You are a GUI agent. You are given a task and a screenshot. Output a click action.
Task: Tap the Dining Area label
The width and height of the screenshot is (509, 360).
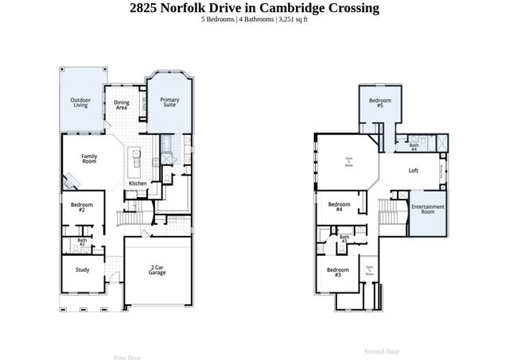(122, 104)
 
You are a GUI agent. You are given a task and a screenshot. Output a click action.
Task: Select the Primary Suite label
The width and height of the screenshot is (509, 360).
(169, 103)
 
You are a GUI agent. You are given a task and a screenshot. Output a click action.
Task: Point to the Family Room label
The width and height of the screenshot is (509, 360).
(89, 159)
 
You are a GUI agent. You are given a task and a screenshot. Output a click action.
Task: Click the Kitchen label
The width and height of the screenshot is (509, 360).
(138, 184)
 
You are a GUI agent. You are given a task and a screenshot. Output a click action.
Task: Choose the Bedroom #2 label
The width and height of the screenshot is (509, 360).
(82, 207)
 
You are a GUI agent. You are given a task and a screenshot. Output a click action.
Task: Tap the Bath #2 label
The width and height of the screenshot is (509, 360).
(82, 242)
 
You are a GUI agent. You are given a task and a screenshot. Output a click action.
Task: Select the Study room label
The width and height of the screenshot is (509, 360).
(83, 269)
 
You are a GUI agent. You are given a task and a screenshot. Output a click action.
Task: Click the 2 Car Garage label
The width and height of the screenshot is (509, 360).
(157, 270)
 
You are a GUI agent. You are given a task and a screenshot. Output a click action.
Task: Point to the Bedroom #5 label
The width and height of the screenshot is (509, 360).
(380, 103)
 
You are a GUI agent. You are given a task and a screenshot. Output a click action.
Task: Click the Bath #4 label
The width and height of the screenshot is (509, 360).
(414, 147)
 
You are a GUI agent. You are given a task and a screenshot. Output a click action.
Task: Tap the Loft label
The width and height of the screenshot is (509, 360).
(414, 171)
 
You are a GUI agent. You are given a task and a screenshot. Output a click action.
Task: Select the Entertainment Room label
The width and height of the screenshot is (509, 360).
(428, 210)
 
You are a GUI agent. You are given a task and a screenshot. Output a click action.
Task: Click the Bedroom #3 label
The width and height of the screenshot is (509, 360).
(332, 271)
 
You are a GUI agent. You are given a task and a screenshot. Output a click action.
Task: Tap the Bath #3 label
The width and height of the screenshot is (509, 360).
(344, 238)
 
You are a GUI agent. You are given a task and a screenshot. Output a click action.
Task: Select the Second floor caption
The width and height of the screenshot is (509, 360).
(382, 351)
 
